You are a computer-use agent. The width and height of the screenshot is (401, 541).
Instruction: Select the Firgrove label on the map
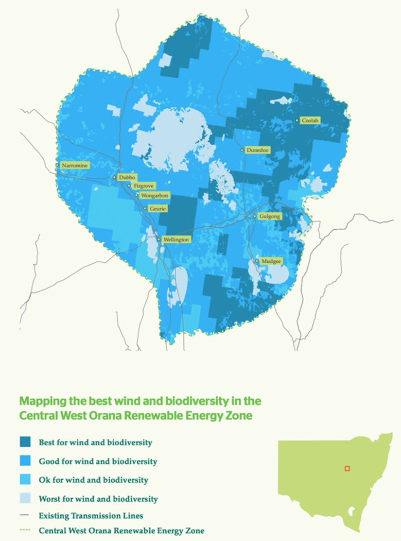tap(139, 186)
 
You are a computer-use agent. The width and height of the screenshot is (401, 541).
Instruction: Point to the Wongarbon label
tap(153, 196)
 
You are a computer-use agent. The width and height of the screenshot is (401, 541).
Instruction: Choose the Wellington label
tap(175, 240)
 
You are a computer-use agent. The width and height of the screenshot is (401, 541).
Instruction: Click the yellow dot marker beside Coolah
tap(297, 120)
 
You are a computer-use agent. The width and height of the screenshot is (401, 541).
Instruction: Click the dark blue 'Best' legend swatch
tap(26, 442)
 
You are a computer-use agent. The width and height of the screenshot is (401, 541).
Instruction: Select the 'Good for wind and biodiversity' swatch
tap(26, 461)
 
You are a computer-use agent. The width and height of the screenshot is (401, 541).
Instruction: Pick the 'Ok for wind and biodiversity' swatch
tap(26, 480)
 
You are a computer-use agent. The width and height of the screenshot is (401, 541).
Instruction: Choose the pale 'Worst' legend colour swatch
tap(26, 498)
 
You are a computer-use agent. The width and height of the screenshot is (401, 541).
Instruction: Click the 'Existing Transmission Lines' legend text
tap(91, 515)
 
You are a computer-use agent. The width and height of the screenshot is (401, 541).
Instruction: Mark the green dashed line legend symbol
tap(26, 531)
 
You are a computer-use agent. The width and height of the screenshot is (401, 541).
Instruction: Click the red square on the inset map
tap(347, 469)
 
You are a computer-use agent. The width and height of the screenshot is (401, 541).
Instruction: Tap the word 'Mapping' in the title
tap(41, 402)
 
